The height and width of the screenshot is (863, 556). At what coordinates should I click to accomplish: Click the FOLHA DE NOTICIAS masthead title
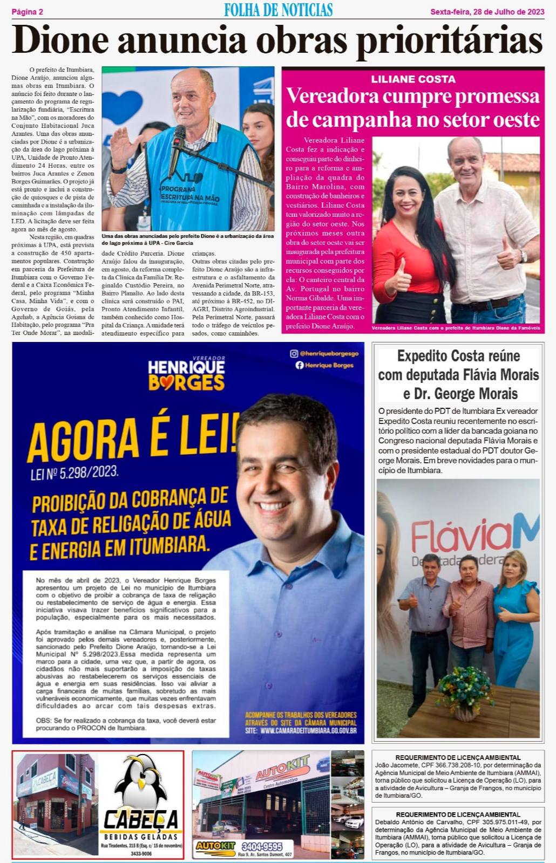click(278, 10)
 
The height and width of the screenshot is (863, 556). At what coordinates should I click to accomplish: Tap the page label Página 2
click(27, 11)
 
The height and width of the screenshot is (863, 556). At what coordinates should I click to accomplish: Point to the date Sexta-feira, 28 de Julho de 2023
click(486, 11)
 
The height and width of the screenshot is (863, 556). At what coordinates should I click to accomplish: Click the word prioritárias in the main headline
click(449, 41)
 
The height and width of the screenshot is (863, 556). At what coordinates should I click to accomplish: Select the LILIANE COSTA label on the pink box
click(413, 79)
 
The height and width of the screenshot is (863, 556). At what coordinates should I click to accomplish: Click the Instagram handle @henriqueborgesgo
click(329, 353)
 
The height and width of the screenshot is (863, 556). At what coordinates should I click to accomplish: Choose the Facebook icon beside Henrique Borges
click(300, 365)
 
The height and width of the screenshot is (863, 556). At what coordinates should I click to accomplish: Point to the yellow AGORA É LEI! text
click(132, 437)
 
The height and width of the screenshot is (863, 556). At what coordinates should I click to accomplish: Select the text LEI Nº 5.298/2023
click(74, 472)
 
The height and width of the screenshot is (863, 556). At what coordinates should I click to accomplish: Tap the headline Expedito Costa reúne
click(459, 356)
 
